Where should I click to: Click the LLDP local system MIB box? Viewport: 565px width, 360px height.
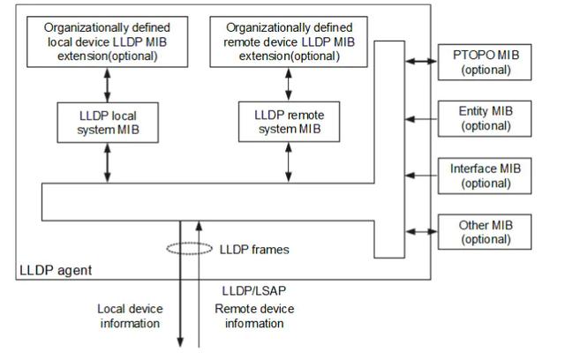pos(108,123)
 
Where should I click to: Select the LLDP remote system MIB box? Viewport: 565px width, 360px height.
pos(289,122)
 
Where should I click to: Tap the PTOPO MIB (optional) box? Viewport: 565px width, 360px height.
pos(485,63)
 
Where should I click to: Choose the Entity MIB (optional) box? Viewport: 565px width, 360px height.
pos(485,119)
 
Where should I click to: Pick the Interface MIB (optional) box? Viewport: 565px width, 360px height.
pos(485,176)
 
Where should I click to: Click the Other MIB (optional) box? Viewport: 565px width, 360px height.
pos(485,232)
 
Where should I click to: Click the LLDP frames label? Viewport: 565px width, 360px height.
pos(254,250)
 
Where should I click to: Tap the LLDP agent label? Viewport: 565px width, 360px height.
pos(56,270)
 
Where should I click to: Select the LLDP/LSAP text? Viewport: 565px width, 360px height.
pos(254,291)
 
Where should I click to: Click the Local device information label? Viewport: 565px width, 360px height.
pos(130,316)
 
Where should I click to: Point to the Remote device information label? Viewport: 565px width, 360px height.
pos(254,316)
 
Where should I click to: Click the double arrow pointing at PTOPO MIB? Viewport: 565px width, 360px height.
pos(421,62)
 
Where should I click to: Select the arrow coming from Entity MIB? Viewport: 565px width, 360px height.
pos(421,119)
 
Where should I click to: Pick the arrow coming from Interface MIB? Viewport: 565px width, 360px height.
pos(421,176)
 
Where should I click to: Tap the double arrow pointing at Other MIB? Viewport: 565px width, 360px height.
pos(421,232)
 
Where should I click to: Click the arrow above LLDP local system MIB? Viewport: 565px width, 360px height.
pos(108,85)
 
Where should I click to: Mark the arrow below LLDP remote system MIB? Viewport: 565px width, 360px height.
pos(289,162)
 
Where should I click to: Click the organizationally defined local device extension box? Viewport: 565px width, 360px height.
pos(108,41)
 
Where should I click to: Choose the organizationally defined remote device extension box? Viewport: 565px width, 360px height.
pos(289,41)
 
